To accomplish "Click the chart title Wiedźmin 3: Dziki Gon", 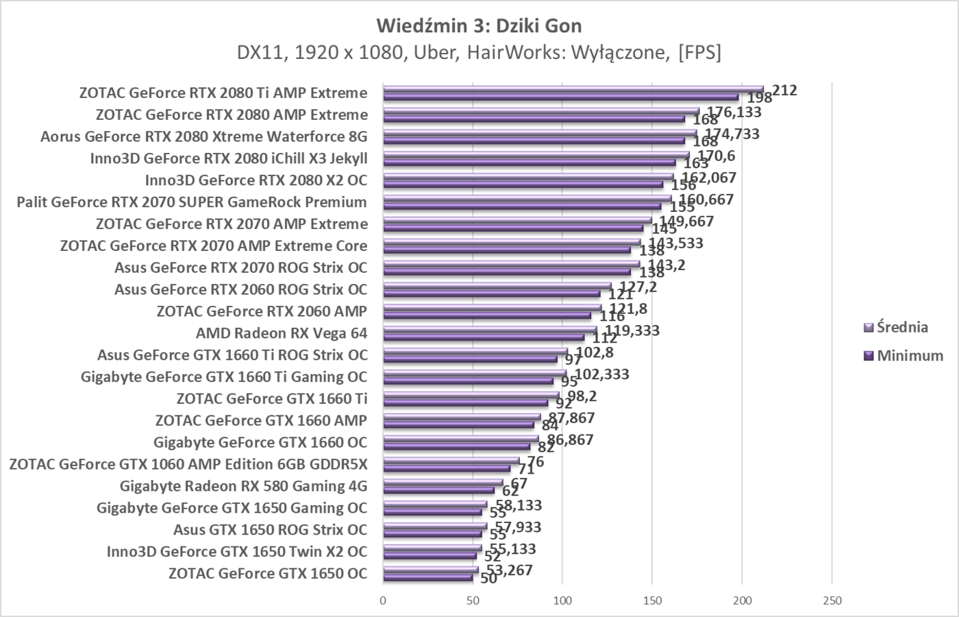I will pyautogui.click(x=479, y=26).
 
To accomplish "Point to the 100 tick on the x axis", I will pyautogui.click(x=562, y=601).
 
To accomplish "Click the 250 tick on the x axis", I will pyautogui.click(x=832, y=601).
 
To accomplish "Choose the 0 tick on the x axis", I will pyautogui.click(x=383, y=601).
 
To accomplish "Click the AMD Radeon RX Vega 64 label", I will pyautogui.click(x=282, y=333).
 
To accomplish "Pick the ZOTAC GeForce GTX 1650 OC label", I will pyautogui.click(x=268, y=573).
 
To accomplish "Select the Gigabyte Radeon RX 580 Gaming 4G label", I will pyautogui.click(x=243, y=486).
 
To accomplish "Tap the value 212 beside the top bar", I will pyautogui.click(x=784, y=90).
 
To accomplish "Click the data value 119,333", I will pyautogui.click(x=632, y=330).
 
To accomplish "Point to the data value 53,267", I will pyautogui.click(x=509, y=570).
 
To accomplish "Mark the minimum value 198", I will pyautogui.click(x=760, y=98).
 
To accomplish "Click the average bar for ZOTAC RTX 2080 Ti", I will pyautogui.click(x=573, y=89).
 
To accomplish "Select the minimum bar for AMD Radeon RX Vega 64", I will pyautogui.click(x=483, y=337).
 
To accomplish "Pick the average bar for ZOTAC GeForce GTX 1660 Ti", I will pyautogui.click(x=471, y=395).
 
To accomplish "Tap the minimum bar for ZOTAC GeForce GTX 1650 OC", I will pyautogui.click(x=427, y=577).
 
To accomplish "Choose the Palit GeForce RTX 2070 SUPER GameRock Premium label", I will pyautogui.click(x=192, y=202).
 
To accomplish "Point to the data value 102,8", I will pyautogui.click(x=595, y=352).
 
